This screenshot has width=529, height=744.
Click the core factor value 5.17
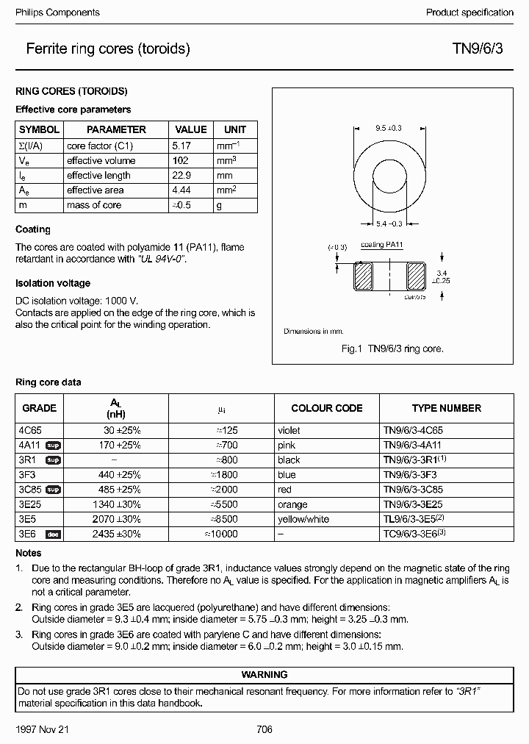[181, 146]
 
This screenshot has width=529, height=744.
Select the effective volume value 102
[180, 160]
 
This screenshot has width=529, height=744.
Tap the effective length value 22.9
[181, 175]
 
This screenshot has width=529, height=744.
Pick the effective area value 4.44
[181, 190]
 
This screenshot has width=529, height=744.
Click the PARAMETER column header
[116, 129]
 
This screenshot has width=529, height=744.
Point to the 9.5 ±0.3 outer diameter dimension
[389, 128]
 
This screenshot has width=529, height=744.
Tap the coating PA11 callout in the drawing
[382, 244]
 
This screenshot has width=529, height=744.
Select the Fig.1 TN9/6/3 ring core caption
[392, 348]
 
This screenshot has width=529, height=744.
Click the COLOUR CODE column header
[327, 408]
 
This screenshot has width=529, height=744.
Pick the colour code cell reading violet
[289, 430]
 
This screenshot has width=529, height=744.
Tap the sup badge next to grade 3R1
[54, 460]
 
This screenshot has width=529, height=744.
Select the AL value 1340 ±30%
[122, 505]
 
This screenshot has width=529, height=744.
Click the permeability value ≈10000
[220, 534]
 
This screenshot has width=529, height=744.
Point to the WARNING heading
[264, 674]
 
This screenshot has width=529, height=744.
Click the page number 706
[264, 729]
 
